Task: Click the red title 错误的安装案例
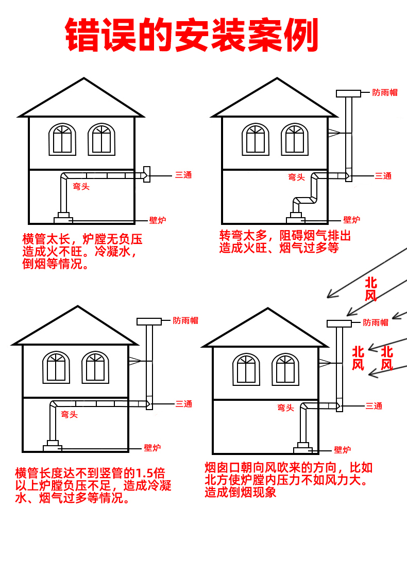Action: (x=192, y=36)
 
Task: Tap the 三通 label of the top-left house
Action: (x=183, y=175)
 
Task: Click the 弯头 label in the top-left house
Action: (x=81, y=187)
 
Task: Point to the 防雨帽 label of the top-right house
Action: (x=385, y=93)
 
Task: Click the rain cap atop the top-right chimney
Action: (x=348, y=93)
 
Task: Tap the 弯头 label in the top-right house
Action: (x=296, y=177)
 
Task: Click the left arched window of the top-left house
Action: (x=62, y=139)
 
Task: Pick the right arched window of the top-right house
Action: (x=294, y=139)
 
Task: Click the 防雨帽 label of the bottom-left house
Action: (x=185, y=320)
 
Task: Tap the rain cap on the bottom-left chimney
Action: (x=149, y=321)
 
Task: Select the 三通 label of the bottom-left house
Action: (x=183, y=404)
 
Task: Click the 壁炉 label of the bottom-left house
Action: (x=152, y=448)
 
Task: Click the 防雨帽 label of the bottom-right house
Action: (x=375, y=322)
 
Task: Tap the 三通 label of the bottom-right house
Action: (x=374, y=406)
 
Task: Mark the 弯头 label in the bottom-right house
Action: (x=285, y=408)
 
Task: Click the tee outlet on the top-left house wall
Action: (x=146, y=174)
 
